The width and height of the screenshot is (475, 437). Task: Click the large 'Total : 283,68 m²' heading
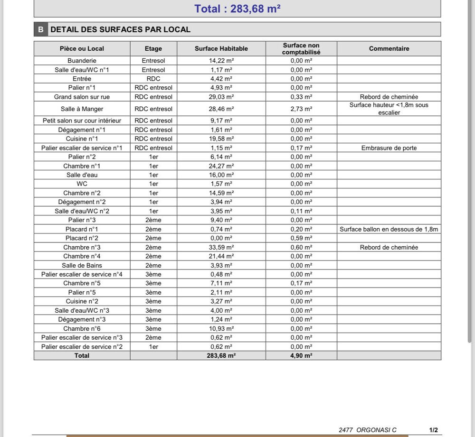pos(234,9)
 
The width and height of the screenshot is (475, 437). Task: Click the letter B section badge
pos(40,29)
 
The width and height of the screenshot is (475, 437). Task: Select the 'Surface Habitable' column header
pos(221,48)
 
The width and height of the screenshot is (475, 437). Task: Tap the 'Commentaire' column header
pos(389,48)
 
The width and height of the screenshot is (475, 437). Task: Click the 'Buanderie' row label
pos(82,61)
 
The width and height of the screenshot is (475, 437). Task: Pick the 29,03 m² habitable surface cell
pos(221,97)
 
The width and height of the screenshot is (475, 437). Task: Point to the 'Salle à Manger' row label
pos(82,109)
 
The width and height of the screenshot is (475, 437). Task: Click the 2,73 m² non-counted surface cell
pos(301,109)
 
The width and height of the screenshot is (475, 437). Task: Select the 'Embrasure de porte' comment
pos(389,148)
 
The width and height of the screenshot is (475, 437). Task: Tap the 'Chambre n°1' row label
pos(82,166)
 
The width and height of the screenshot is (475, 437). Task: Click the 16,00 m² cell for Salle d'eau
pos(221,175)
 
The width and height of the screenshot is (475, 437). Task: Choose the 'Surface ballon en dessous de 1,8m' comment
pos(389,229)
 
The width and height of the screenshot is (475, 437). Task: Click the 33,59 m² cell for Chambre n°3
pos(221,247)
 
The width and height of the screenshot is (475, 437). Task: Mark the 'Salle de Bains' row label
pos(82,265)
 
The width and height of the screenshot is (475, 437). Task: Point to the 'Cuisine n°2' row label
pos(82,301)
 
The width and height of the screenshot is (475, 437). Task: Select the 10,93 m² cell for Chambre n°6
pos(221,328)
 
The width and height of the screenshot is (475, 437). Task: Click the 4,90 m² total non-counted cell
pos(301,355)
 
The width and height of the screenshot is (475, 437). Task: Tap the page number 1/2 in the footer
pos(433,430)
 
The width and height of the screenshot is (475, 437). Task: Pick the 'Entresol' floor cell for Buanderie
pos(153,61)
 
